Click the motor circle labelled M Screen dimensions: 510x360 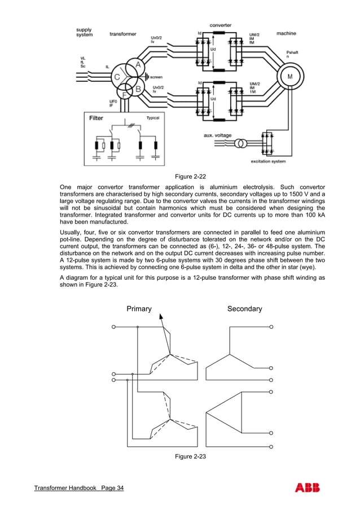point(290,77)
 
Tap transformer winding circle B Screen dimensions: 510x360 point(136,87)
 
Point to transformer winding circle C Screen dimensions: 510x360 point(117,77)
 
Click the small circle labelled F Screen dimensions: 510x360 point(125,95)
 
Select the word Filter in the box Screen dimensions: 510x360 point(96,118)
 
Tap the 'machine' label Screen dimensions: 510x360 point(286,33)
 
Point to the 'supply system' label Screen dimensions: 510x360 point(84,32)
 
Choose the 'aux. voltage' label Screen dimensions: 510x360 point(217,135)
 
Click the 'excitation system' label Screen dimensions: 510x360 point(269,162)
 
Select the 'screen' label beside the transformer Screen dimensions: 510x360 point(156,77)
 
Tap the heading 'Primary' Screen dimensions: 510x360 point(139,309)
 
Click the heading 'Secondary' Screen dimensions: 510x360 point(244,309)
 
